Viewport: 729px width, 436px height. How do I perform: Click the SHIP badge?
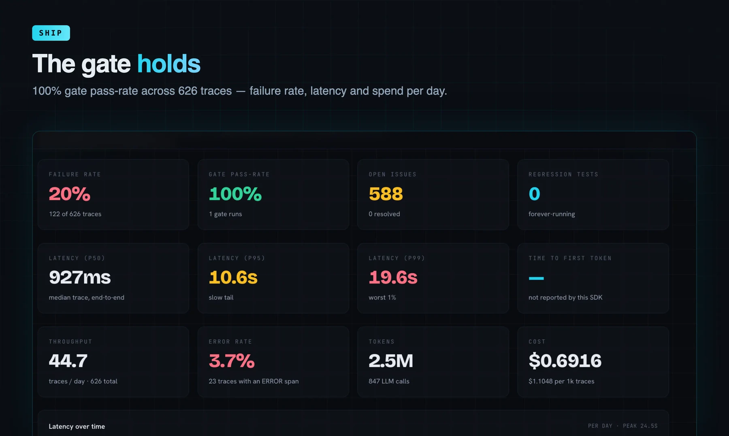tap(51, 33)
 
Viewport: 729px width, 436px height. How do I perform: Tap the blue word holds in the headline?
tap(169, 64)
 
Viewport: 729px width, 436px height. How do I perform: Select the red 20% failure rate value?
tap(70, 194)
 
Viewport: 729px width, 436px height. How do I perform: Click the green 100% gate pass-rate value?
tap(235, 194)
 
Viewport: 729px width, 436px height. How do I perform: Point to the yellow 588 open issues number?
tap(386, 194)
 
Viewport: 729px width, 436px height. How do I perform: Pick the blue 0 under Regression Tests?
tap(535, 194)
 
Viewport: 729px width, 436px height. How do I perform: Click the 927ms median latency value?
tap(80, 277)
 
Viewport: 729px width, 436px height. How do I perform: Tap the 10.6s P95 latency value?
tap(233, 277)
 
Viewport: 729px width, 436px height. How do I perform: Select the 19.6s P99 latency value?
tap(393, 277)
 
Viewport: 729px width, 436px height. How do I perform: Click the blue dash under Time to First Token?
tap(536, 278)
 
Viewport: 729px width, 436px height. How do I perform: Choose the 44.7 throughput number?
tap(68, 361)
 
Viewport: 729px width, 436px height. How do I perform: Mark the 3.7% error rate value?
tap(232, 361)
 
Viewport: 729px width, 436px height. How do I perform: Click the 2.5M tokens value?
tap(391, 361)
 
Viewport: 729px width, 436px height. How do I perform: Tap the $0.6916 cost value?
tap(565, 361)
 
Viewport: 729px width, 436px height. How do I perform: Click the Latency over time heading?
tap(77, 426)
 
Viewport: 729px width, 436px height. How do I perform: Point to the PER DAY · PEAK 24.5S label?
tap(623, 426)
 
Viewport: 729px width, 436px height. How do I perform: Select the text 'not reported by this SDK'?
tap(565, 298)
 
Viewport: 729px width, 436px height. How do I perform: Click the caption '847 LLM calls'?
tap(389, 381)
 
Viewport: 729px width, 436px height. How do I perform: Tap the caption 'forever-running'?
tap(552, 214)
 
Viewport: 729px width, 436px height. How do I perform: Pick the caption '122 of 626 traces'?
tap(75, 214)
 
